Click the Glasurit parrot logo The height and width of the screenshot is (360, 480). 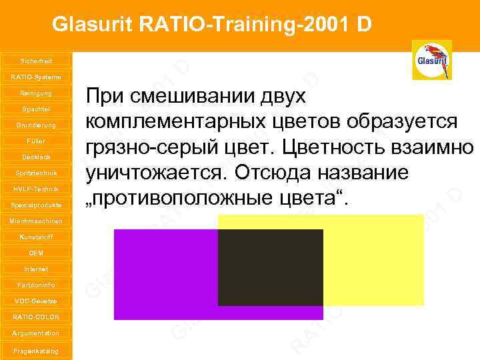[431, 60]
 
